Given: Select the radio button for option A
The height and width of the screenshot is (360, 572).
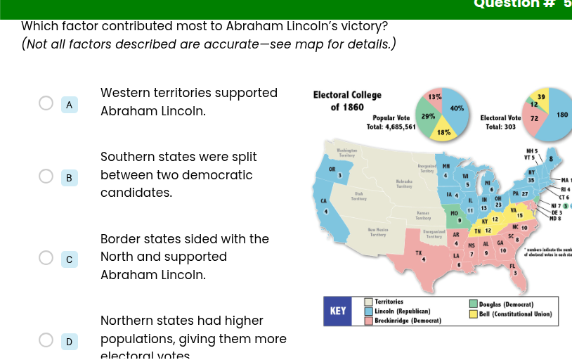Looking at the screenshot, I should pyautogui.click(x=46, y=104).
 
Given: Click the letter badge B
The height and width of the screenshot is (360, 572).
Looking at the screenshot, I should pyautogui.click(x=69, y=178).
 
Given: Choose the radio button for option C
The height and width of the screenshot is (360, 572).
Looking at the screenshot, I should pyautogui.click(x=46, y=258).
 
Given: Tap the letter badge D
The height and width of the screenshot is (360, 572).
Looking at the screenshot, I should pyautogui.click(x=69, y=342).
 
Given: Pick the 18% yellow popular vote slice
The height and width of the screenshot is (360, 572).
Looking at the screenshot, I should pyautogui.click(x=443, y=131).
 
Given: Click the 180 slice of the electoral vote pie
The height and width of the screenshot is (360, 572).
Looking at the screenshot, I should pyautogui.click(x=559, y=115).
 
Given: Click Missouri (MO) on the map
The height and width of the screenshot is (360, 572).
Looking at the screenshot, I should pyautogui.click(x=455, y=212).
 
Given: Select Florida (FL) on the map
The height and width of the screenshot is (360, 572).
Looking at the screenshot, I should pyautogui.click(x=512, y=267).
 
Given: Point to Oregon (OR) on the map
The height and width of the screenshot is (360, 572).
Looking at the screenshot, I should pyautogui.click(x=333, y=171).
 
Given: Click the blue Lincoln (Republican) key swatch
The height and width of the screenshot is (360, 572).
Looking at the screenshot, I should pyautogui.click(x=368, y=310).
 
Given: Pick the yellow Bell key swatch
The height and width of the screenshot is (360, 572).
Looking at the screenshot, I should pyautogui.click(x=474, y=314).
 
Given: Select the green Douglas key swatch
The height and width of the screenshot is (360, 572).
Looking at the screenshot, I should pyautogui.click(x=474, y=304).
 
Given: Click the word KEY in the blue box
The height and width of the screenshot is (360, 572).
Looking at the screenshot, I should pyautogui.click(x=338, y=311).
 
